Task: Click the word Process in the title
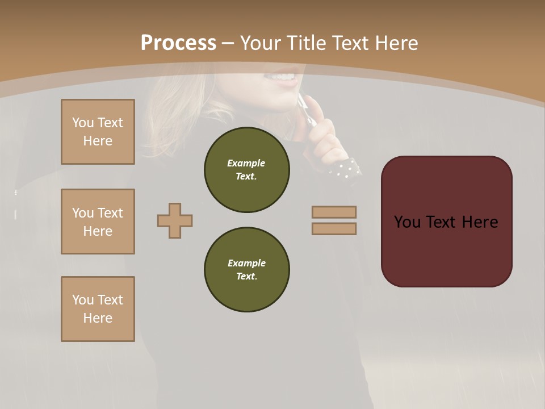[x=178, y=43]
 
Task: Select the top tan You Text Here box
[x=98, y=132]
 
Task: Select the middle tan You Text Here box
[x=98, y=222]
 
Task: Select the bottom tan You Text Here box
[x=98, y=308]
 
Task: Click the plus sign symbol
[x=175, y=220]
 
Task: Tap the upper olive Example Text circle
[x=246, y=170]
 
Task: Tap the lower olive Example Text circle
[x=246, y=270]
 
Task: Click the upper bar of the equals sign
[x=334, y=212]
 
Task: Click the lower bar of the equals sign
[x=334, y=228]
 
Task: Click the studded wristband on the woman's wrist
[x=345, y=169]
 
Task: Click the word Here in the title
[x=394, y=43]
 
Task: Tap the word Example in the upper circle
[x=246, y=163]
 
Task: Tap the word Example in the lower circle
[x=246, y=263]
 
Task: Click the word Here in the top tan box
[x=98, y=141]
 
